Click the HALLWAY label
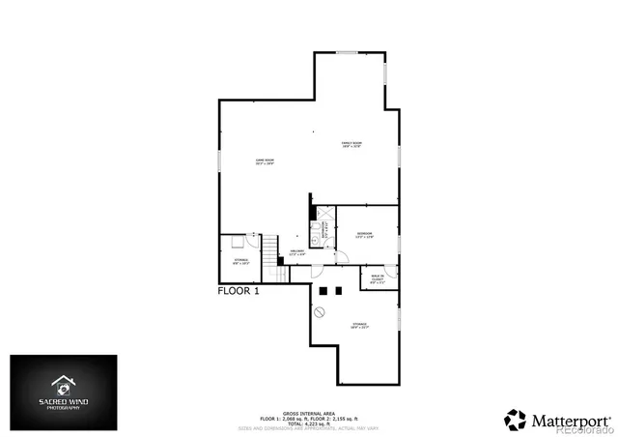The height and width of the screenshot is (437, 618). pos(297,253)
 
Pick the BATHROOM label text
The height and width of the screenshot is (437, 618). pos(326,232)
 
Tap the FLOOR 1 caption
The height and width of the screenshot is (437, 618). pos(239,290)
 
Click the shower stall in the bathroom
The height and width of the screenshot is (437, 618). pos(316,228)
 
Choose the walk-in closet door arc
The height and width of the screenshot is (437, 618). pos(393,271)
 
